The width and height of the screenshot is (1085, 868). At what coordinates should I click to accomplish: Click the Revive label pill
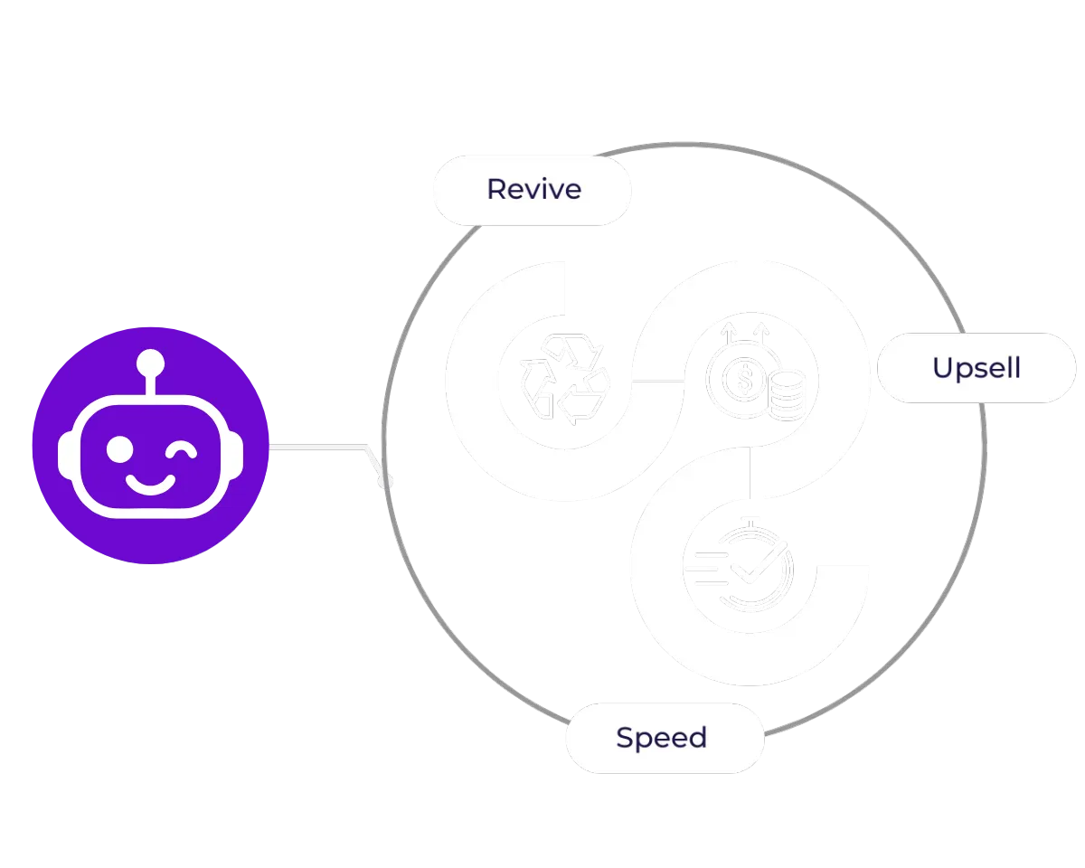click(533, 189)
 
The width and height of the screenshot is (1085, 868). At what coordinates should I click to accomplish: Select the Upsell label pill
click(976, 368)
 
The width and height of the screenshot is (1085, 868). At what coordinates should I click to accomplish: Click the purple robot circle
click(150, 445)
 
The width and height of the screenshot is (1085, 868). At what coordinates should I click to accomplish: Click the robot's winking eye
click(184, 449)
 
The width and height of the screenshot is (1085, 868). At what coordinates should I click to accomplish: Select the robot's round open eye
click(119, 449)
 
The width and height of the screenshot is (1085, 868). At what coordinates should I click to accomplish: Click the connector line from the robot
click(316, 446)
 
